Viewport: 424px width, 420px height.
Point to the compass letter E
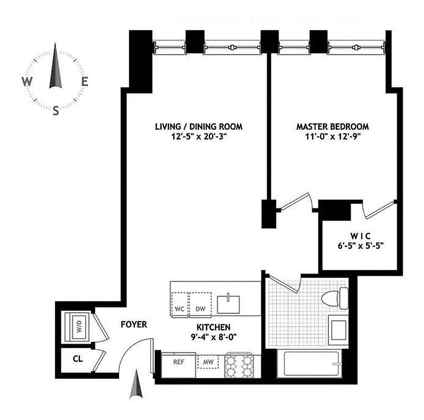tap(84, 81)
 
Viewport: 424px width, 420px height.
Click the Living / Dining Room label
tap(198, 127)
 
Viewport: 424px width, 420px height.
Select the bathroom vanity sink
tap(337, 328)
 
